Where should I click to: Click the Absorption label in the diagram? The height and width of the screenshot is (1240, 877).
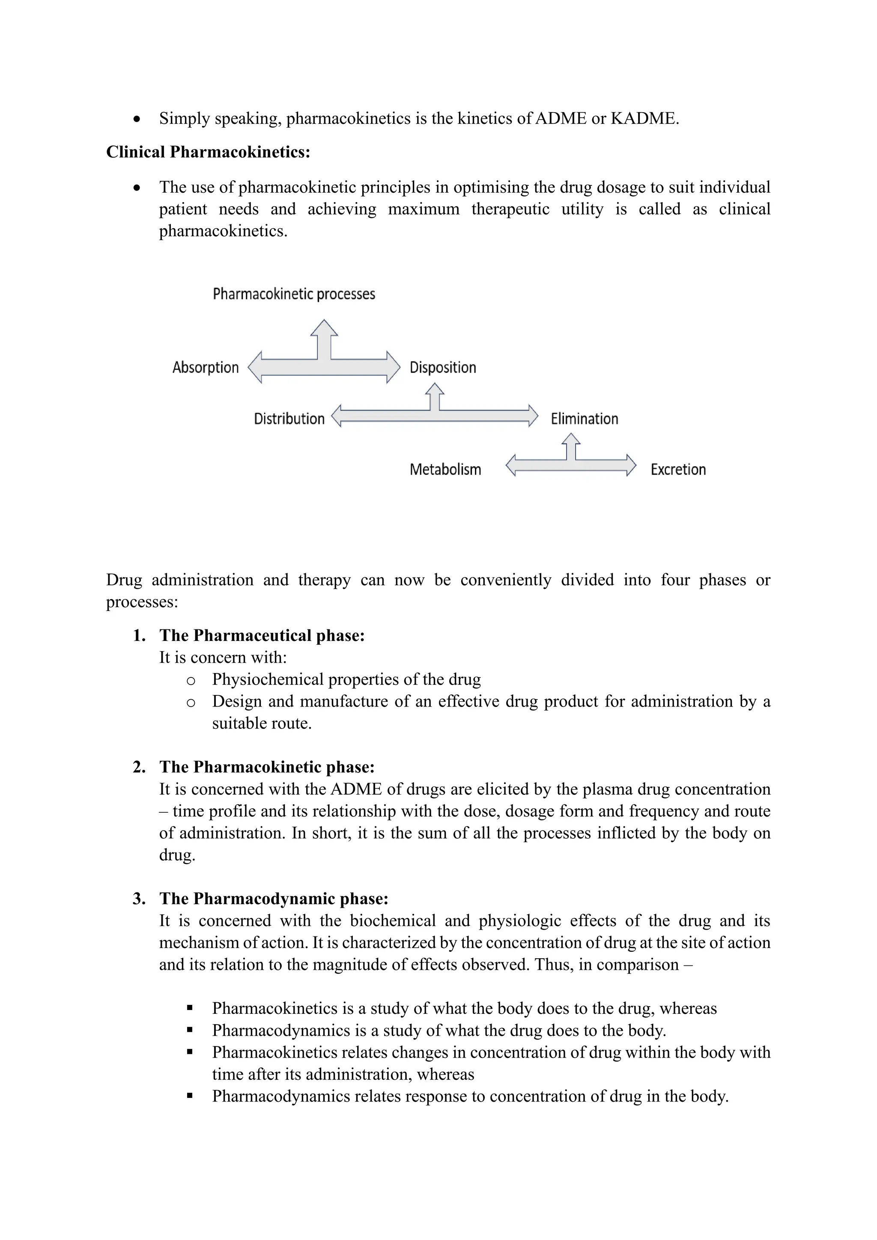(205, 368)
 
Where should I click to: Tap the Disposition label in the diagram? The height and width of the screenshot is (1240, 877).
(443, 368)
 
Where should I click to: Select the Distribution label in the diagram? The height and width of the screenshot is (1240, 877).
(289, 419)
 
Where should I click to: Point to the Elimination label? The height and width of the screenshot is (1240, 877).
(584, 419)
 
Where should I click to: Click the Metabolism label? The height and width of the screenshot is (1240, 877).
(445, 470)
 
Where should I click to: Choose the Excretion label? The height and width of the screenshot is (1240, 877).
(678, 470)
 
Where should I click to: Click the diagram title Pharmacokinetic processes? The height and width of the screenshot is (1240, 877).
(294, 294)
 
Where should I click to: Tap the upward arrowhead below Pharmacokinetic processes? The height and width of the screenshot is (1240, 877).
(324, 328)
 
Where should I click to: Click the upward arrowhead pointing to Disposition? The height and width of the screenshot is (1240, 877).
(435, 389)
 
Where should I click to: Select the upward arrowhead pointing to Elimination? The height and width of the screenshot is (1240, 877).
(571, 438)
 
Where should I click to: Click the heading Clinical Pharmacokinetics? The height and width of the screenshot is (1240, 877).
(208, 152)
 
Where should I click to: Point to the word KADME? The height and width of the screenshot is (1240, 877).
(644, 118)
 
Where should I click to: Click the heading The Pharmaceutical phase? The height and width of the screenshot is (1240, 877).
(262, 636)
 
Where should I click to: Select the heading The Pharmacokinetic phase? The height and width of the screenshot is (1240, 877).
(267, 767)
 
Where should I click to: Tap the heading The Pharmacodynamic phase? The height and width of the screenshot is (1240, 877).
(273, 899)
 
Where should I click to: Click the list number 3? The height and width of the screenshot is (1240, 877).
(139, 899)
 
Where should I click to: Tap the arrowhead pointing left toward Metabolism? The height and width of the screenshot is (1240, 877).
(511, 465)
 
